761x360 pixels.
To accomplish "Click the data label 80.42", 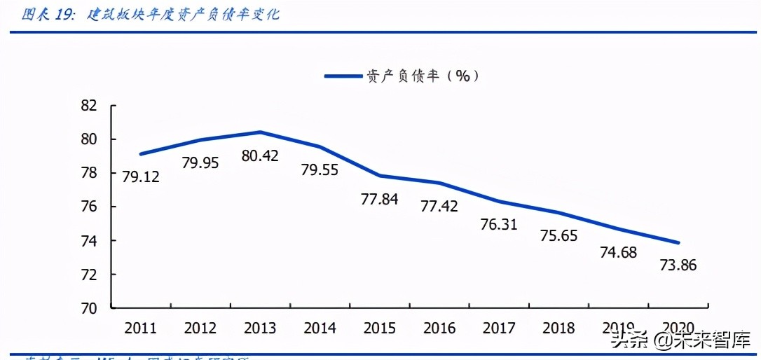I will (x=259, y=156).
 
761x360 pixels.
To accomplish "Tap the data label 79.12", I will (x=140, y=176).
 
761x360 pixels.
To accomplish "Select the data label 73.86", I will (x=678, y=265).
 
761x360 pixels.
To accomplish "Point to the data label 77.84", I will (x=379, y=199).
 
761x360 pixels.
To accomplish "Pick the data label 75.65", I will (x=558, y=235).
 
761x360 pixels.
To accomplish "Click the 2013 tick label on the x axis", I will (x=259, y=328).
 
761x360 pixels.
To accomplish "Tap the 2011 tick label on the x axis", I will (x=140, y=328).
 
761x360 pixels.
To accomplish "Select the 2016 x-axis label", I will (x=439, y=328).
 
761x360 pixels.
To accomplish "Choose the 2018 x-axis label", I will (x=558, y=328).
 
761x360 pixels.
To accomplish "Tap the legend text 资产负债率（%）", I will (x=423, y=76).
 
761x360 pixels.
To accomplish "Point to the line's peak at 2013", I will (x=260, y=132).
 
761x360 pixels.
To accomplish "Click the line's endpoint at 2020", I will (x=678, y=243).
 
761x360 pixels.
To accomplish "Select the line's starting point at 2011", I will (x=141, y=154).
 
